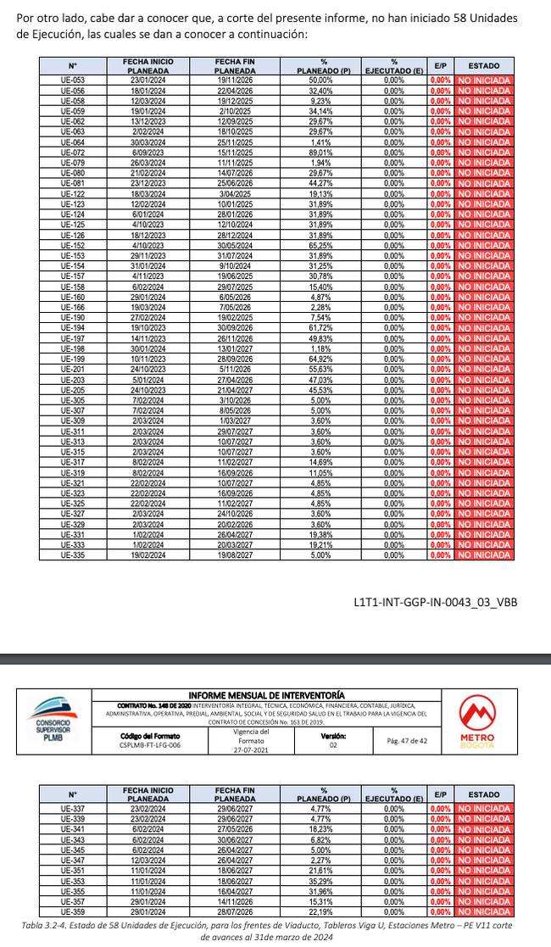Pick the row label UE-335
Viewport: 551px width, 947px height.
[x=73, y=555]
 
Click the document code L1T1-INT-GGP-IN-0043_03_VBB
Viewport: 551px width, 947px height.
[x=435, y=602]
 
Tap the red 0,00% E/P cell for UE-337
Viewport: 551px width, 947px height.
[x=440, y=810]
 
